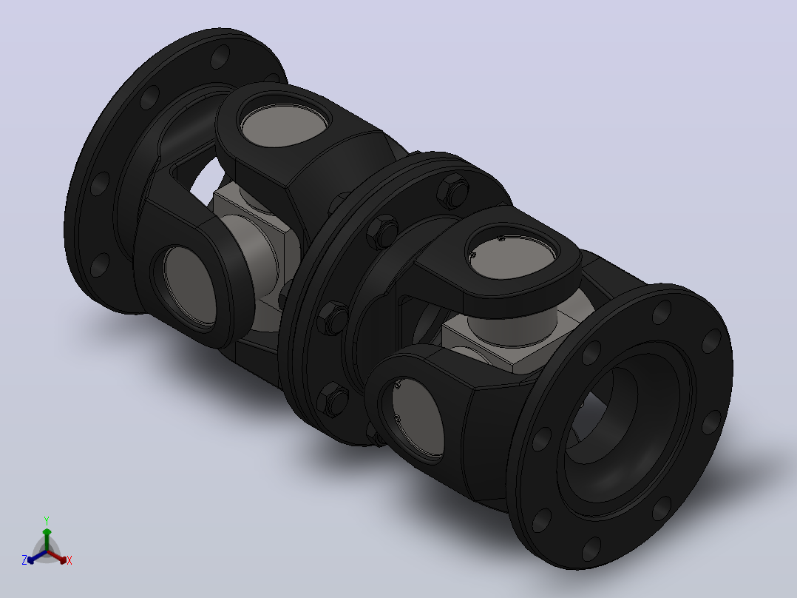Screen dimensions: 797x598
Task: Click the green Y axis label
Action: tap(47, 520)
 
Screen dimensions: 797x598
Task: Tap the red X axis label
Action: tap(69, 560)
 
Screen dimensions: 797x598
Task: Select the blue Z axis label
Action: tap(24, 560)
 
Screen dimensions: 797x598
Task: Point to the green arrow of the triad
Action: tap(47, 539)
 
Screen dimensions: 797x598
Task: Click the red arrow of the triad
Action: tap(57, 557)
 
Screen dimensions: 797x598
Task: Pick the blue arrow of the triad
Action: tap(37, 557)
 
